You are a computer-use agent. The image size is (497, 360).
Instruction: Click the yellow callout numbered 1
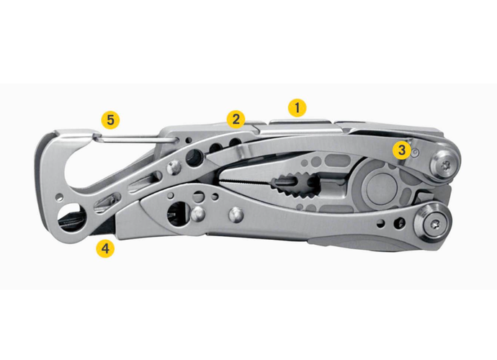(297, 108)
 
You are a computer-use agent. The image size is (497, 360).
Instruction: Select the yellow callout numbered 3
(401, 150)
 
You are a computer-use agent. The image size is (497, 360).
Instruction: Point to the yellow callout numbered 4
(106, 249)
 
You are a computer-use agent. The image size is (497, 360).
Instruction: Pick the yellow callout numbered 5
(110, 118)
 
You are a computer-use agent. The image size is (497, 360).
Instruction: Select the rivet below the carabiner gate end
(173, 168)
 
